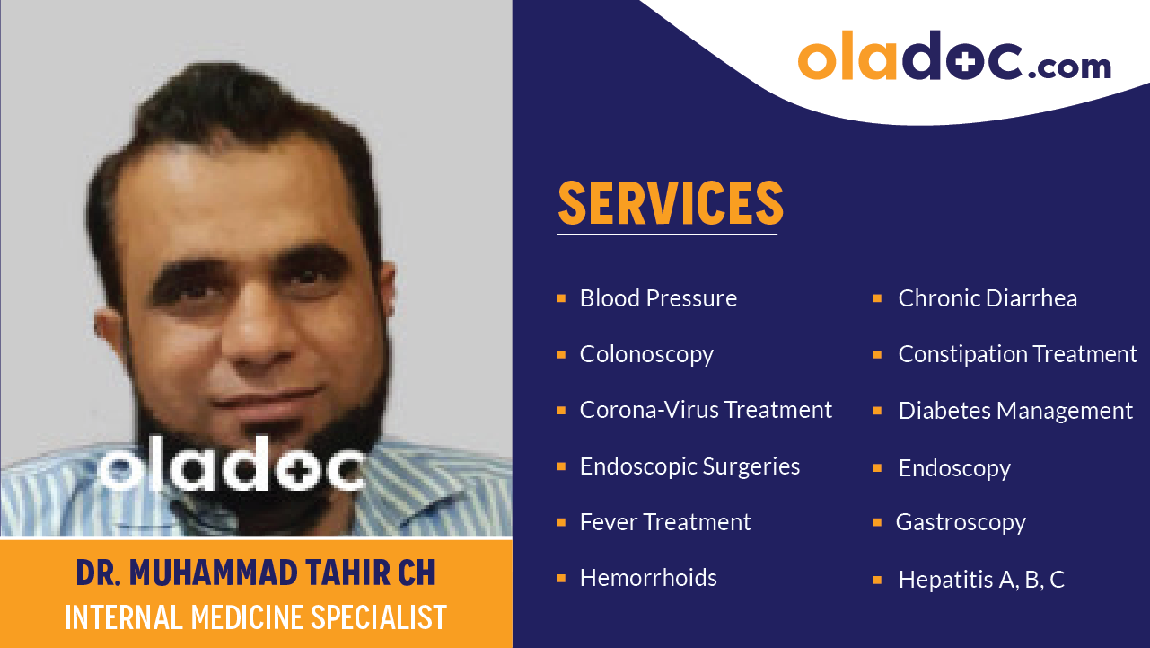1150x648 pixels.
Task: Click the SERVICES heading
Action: tap(671, 203)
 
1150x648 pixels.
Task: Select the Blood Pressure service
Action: tap(658, 298)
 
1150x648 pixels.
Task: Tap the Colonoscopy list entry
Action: tap(646, 354)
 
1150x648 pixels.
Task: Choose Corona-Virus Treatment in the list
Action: tap(706, 410)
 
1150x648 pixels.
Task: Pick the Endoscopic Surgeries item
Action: tap(689, 466)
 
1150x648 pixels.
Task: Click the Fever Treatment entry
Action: tap(665, 522)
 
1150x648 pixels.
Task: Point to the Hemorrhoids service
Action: tap(648, 578)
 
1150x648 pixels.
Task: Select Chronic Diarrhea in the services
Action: tap(988, 298)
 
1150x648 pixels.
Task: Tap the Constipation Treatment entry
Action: tap(1017, 354)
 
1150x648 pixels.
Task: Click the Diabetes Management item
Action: tap(1015, 411)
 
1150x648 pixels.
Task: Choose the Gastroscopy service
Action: tap(961, 522)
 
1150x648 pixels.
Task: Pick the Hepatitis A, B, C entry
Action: tap(981, 580)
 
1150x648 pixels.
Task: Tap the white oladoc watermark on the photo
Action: tap(231, 468)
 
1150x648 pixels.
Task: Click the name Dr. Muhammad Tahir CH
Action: tap(256, 573)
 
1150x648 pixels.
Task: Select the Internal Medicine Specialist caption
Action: tap(256, 617)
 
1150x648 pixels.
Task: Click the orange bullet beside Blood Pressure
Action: tap(561, 298)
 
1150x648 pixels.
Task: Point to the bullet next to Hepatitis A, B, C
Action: tap(878, 580)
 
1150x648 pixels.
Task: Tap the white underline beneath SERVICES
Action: tap(667, 235)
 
